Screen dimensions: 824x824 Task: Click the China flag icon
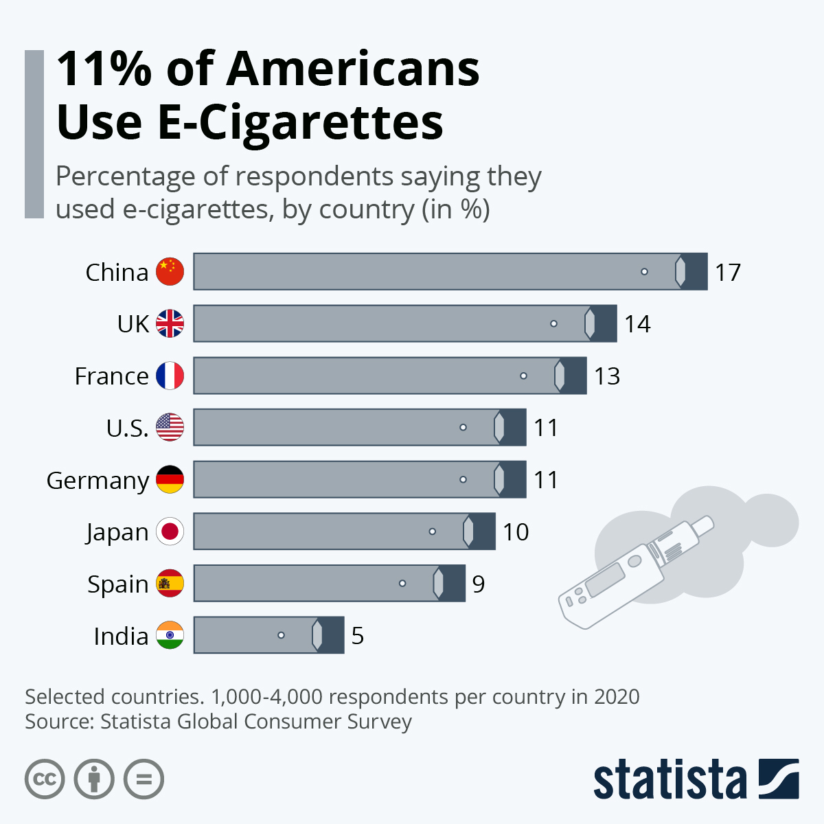(170, 272)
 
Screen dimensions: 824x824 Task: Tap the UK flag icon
(170, 323)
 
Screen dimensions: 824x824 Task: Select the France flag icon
(170, 376)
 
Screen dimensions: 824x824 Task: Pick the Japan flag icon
(170, 531)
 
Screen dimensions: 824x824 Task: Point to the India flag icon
(170, 635)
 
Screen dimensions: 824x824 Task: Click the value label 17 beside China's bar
(728, 273)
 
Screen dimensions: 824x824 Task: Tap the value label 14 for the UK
(637, 324)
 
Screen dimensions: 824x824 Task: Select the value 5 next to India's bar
(357, 636)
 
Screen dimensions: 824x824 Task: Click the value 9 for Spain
(479, 584)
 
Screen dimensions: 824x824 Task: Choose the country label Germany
(98, 481)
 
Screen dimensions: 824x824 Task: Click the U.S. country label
(127, 428)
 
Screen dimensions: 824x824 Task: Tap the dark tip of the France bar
(575, 376)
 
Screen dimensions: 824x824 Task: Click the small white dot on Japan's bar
(432, 531)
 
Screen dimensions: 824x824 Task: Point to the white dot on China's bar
(644, 272)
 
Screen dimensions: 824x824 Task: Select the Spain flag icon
(170, 584)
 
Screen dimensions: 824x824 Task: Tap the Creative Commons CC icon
(45, 779)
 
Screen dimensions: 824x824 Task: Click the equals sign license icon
(144, 779)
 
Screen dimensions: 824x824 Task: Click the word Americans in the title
(353, 69)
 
